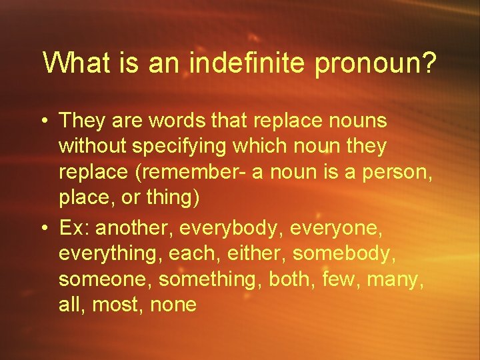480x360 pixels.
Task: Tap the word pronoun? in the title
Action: tap(377, 64)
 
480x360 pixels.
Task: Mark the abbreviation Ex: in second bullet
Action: tap(75, 228)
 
